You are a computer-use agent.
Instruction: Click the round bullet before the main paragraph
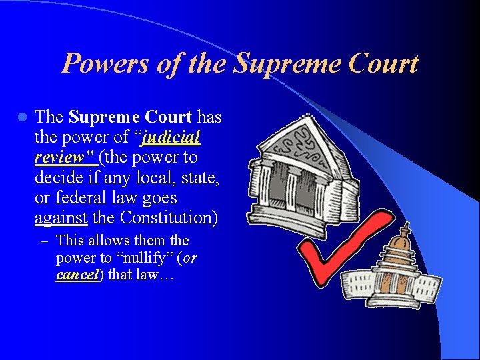pyautogui.click(x=22, y=118)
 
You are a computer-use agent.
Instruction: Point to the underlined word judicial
pyautogui.click(x=171, y=137)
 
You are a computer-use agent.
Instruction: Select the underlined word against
pyautogui.click(x=61, y=217)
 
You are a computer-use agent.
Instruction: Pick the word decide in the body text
pyautogui.click(x=58, y=177)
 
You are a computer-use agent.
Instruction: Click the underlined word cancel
pyautogui.click(x=76, y=274)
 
